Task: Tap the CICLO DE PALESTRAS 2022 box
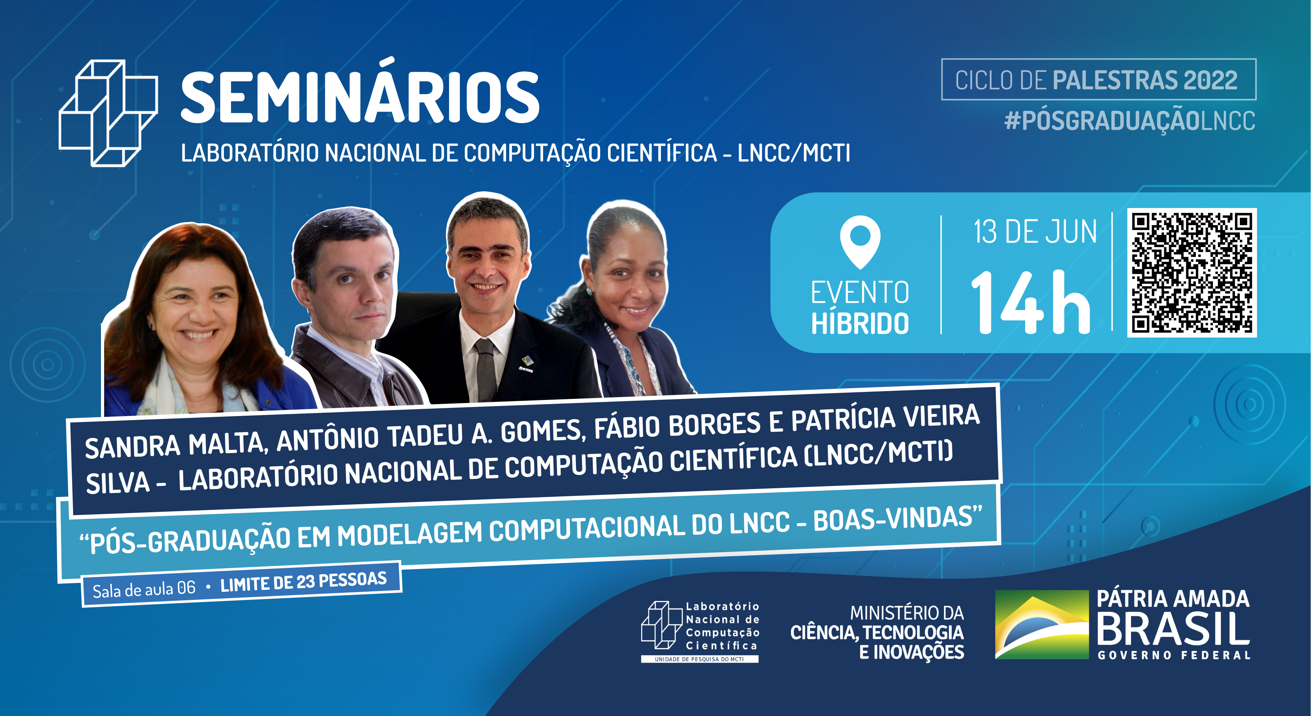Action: click(1098, 80)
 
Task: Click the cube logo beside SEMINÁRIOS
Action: click(108, 113)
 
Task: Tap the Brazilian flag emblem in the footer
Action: click(1041, 624)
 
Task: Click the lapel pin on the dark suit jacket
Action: click(526, 362)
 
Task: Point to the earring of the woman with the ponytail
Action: click(589, 292)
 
